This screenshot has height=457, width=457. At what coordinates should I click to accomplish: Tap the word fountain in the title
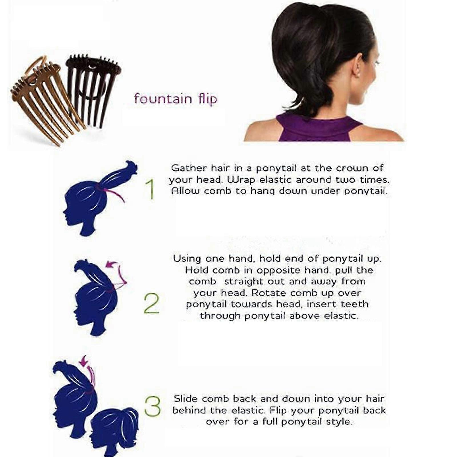point(163,99)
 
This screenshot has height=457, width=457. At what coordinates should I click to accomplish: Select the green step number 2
point(151,303)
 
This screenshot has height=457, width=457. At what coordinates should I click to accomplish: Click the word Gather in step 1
point(189,168)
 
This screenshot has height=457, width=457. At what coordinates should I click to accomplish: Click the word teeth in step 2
point(354,304)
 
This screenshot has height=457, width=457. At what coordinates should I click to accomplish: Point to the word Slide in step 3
point(186,399)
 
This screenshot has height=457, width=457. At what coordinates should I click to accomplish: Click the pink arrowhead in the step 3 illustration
point(84,361)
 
